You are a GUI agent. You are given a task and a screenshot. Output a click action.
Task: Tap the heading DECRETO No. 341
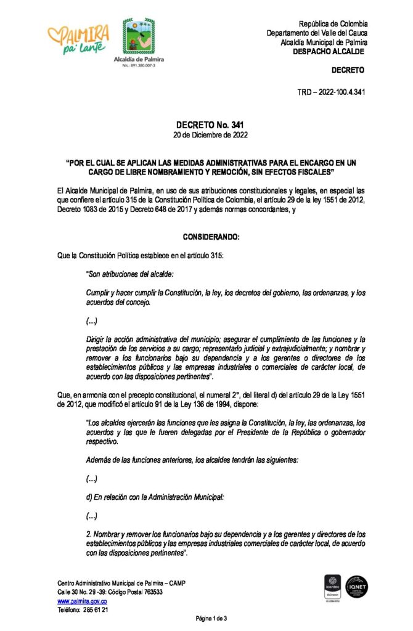coord(206,126)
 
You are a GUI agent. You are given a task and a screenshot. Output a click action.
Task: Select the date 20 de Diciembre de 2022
coord(206,135)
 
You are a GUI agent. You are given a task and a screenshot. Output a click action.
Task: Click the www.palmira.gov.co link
coord(82,600)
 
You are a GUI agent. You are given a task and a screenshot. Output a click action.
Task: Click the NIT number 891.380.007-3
coord(139,65)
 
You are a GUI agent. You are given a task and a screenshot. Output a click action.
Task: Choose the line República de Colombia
coord(333,23)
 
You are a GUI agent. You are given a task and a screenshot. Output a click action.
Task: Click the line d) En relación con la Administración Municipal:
coord(162,498)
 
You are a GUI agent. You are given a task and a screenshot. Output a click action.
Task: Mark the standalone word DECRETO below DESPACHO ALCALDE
coord(348,70)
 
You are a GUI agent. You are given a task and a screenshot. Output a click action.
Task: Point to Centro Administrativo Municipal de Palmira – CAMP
coord(121,583)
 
